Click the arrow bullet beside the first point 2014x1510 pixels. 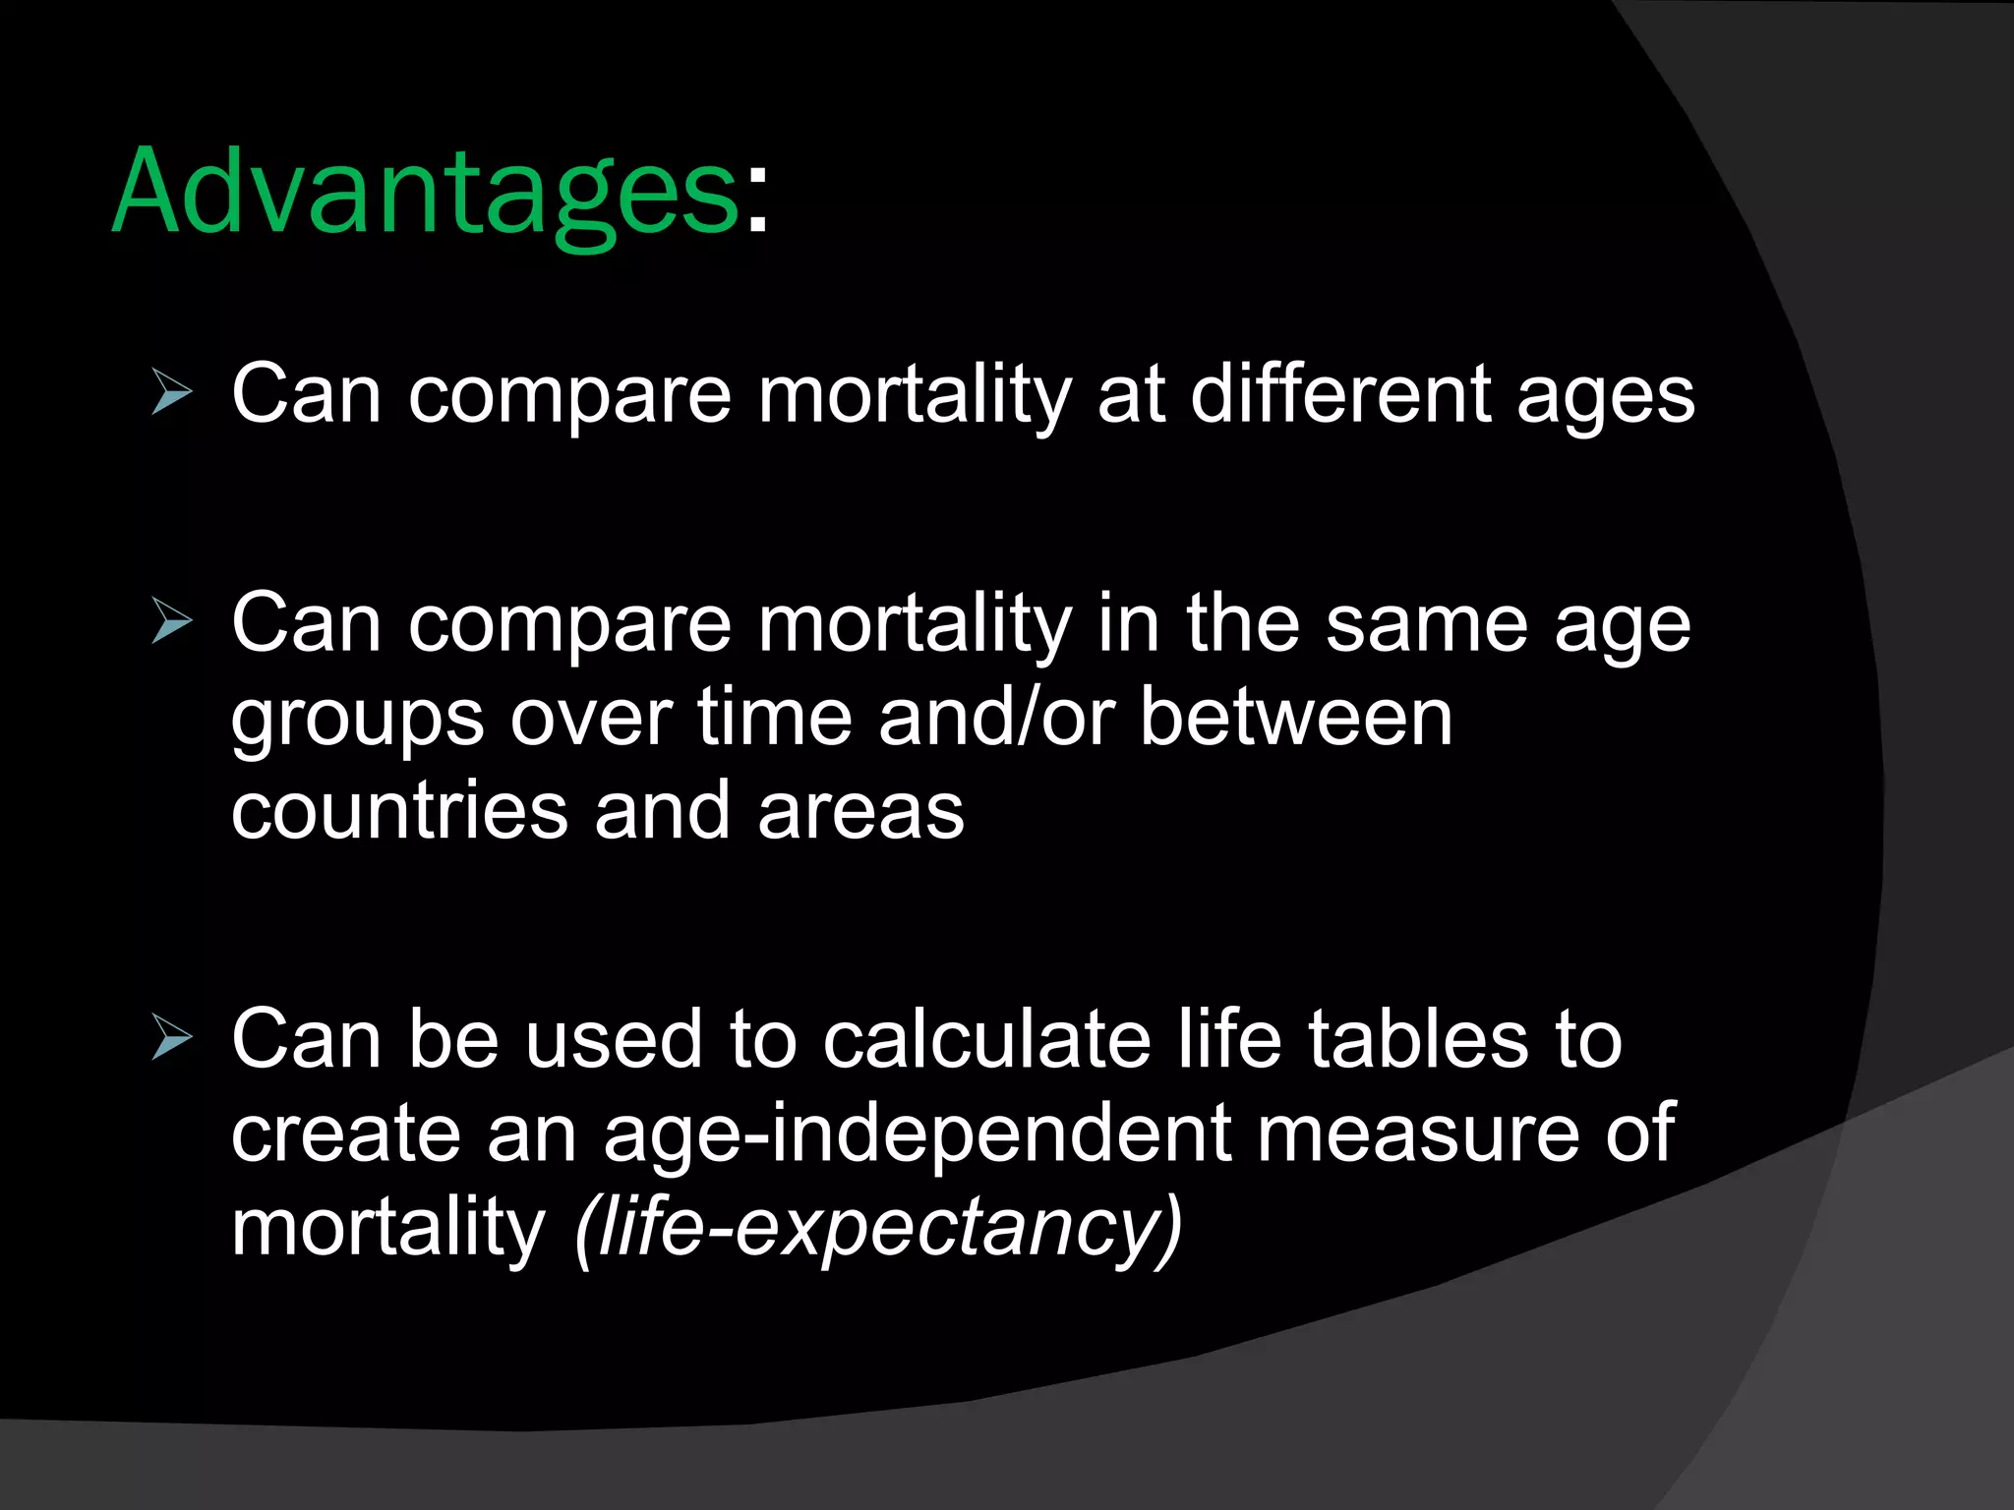click(x=172, y=393)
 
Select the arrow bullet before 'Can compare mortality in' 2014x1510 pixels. click(x=172, y=623)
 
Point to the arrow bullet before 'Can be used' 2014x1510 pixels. click(x=172, y=1039)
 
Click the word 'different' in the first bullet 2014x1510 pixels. click(x=1340, y=394)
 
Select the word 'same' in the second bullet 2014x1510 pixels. click(x=1426, y=625)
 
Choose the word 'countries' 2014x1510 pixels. click(x=399, y=811)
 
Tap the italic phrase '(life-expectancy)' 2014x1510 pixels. click(x=879, y=1230)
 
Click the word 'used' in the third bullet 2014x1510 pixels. click(x=614, y=1040)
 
